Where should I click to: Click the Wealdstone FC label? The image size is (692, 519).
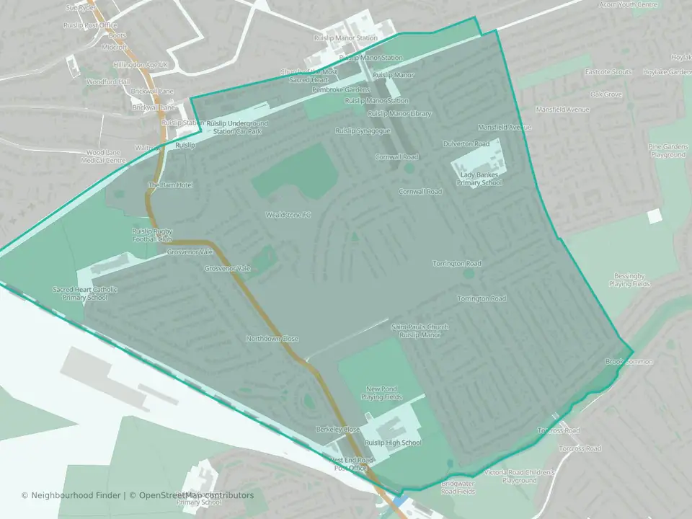click(x=288, y=215)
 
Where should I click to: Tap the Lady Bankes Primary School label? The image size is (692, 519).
click(x=479, y=179)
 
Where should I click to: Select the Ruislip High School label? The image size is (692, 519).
click(x=392, y=443)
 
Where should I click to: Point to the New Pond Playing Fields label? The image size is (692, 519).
click(x=381, y=393)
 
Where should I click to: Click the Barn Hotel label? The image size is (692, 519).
click(x=171, y=185)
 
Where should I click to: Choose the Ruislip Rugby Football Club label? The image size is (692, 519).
click(x=152, y=234)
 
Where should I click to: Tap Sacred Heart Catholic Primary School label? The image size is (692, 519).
click(x=85, y=293)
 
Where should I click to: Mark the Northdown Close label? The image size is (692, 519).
click(x=272, y=338)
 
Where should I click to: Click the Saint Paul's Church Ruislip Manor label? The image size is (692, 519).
click(x=420, y=331)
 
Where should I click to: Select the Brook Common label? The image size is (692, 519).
click(x=629, y=361)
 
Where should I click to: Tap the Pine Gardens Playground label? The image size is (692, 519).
click(x=667, y=151)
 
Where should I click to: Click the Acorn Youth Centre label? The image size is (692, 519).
click(x=629, y=4)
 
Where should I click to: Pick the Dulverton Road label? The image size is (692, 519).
click(x=466, y=144)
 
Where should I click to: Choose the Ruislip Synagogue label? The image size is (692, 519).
click(x=363, y=130)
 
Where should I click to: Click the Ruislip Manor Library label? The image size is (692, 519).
click(x=399, y=114)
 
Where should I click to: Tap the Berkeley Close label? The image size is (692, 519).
click(x=337, y=429)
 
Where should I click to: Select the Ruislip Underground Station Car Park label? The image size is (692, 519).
click(x=236, y=128)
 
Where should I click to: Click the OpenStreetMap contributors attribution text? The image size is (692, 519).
click(x=196, y=495)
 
